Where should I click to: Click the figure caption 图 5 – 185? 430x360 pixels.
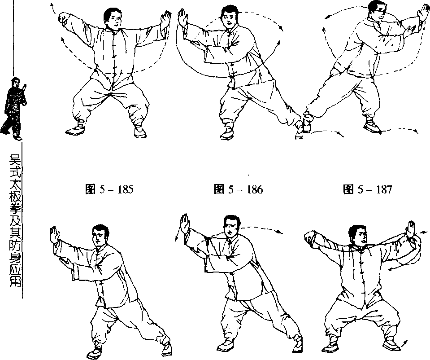point(109,189)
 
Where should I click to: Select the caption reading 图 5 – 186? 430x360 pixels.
point(238,189)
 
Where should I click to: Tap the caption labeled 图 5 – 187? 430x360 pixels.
point(368,189)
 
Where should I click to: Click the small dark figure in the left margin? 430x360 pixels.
point(15,109)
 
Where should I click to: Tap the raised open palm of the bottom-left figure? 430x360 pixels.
point(55,235)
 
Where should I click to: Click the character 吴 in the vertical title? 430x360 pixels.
point(15,159)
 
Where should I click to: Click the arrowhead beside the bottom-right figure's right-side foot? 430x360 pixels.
point(405,342)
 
